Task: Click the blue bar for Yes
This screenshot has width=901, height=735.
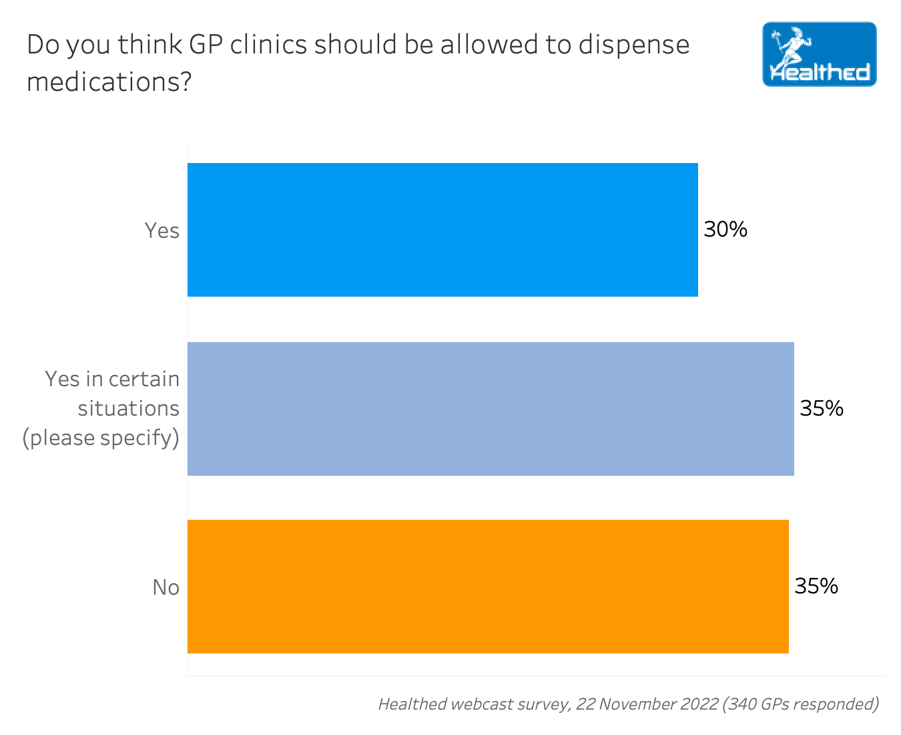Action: pyautogui.click(x=442, y=230)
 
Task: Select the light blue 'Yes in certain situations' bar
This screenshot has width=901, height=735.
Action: pyautogui.click(x=491, y=409)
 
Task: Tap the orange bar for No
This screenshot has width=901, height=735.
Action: pyautogui.click(x=488, y=587)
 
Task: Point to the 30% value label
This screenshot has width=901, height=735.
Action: pyautogui.click(x=725, y=230)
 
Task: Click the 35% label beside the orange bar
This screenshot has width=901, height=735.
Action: pyautogui.click(x=816, y=587)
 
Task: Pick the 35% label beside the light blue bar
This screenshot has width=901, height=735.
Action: pyautogui.click(x=822, y=408)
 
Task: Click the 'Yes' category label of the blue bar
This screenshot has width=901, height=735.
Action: pyautogui.click(x=162, y=231)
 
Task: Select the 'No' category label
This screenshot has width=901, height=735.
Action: pyautogui.click(x=166, y=587)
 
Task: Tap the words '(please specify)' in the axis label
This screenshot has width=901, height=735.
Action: pyautogui.click(x=101, y=438)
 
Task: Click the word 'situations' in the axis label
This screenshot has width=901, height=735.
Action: pyautogui.click(x=129, y=408)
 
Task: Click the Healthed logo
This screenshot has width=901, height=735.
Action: pyautogui.click(x=819, y=54)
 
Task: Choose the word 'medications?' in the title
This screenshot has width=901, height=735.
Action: pyautogui.click(x=109, y=82)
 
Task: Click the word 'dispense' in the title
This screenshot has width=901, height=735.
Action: pyautogui.click(x=634, y=45)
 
